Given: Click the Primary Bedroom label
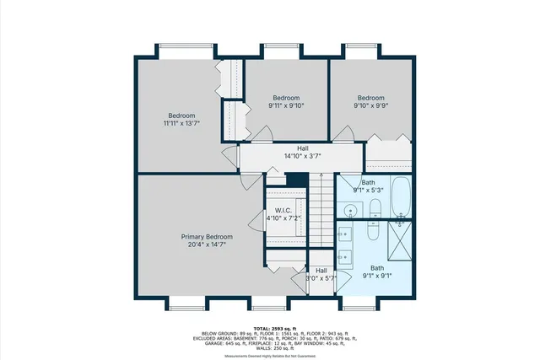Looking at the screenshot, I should (x=207, y=237).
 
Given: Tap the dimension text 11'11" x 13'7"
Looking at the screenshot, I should (x=181, y=124).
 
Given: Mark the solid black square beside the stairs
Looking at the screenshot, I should (x=295, y=179).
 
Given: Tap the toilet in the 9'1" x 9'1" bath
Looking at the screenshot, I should (x=397, y=219).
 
